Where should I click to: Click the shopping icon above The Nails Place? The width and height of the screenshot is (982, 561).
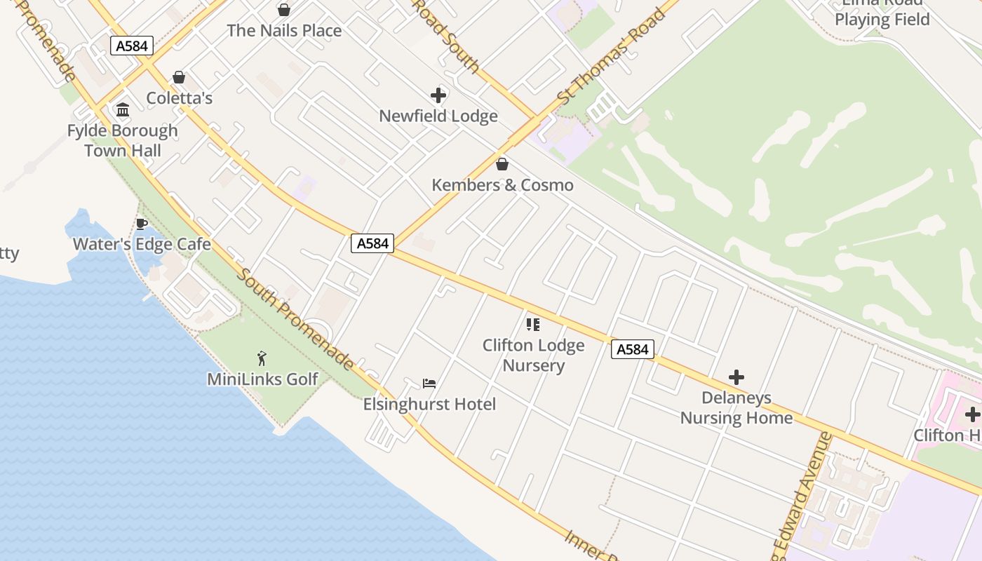click(x=284, y=10)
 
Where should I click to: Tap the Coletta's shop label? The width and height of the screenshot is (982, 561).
click(x=179, y=98)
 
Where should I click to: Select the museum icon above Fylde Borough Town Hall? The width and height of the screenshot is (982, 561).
click(x=123, y=109)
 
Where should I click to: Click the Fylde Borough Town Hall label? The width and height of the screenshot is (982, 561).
click(x=123, y=140)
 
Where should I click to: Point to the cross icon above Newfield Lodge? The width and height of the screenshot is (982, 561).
click(x=438, y=95)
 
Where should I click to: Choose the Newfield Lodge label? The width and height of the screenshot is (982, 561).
click(x=438, y=116)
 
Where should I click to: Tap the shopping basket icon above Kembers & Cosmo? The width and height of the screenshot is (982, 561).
click(x=502, y=165)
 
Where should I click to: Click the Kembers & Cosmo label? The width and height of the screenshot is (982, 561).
click(x=502, y=185)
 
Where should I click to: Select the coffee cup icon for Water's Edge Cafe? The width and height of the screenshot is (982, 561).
click(x=141, y=224)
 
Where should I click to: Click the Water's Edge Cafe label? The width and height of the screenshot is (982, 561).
click(x=142, y=244)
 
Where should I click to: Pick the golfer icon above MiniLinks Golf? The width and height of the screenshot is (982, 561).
click(x=262, y=358)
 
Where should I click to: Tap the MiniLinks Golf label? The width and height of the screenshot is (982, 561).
click(x=262, y=379)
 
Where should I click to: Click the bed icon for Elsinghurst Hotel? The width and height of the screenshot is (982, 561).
click(x=429, y=384)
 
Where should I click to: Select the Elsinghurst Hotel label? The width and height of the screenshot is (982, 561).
click(x=429, y=404)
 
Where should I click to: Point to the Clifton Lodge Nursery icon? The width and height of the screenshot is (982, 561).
click(x=533, y=325)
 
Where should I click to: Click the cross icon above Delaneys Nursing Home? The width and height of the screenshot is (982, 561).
click(x=736, y=377)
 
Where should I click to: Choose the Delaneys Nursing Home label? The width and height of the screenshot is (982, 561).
click(x=736, y=407)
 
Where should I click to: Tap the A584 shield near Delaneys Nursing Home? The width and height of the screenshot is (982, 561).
click(x=633, y=349)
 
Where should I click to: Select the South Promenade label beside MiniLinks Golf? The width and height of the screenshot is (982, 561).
click(x=295, y=319)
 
